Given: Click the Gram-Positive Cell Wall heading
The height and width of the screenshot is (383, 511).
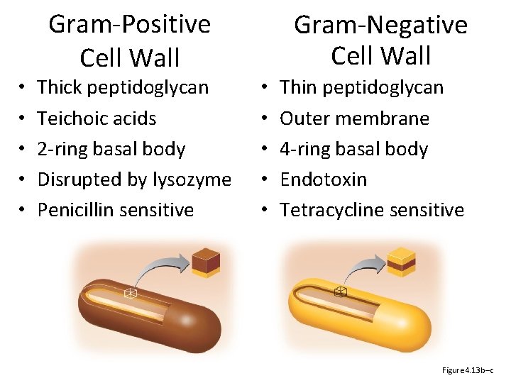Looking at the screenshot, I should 129,40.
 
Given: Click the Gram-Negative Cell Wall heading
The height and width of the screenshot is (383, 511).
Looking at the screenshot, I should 380,40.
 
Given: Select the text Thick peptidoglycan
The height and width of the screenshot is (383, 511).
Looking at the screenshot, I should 123,87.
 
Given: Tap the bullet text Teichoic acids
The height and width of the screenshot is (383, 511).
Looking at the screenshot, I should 97,118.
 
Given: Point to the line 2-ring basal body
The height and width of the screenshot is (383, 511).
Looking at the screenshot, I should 111,149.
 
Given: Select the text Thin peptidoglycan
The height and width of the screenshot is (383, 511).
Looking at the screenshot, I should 361,87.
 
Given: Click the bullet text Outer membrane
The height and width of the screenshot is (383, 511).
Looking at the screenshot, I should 354,118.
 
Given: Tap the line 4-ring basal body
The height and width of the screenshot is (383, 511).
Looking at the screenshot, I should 353,149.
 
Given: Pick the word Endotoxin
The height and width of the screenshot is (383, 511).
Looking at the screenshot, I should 323,179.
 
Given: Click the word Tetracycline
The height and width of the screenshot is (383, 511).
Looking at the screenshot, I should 330,210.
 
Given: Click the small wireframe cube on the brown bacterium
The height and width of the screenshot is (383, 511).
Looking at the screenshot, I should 131,294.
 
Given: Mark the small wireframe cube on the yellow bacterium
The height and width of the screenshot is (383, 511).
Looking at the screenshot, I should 341,292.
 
